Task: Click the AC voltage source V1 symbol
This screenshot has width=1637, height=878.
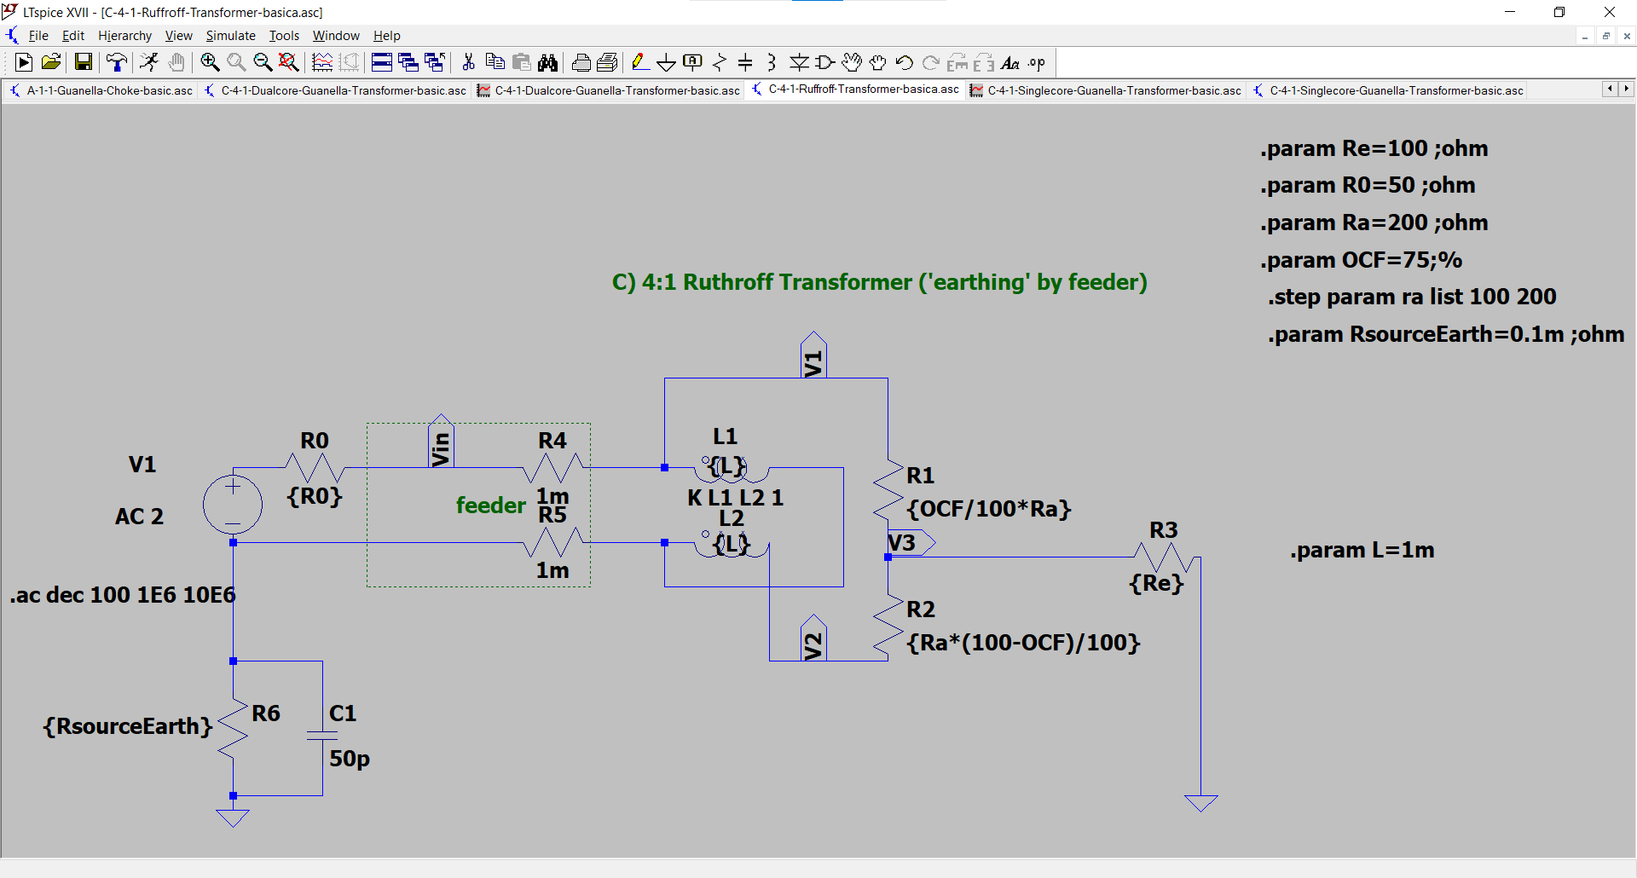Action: pyautogui.click(x=233, y=504)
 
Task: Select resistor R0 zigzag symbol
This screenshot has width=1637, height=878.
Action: pyautogui.click(x=315, y=468)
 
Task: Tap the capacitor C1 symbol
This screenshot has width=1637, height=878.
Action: pyautogui.click(x=322, y=734)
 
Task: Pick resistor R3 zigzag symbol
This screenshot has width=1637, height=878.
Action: pyautogui.click(x=1163, y=558)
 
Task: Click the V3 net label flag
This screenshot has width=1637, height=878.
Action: pyautogui.click(x=909, y=542)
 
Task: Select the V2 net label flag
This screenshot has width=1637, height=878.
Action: pyautogui.click(x=813, y=639)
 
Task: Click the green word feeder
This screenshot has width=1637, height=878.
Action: pyautogui.click(x=490, y=505)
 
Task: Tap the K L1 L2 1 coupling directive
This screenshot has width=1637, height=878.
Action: pyautogui.click(x=735, y=498)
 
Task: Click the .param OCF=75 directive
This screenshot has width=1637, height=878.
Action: pyautogui.click(x=1361, y=260)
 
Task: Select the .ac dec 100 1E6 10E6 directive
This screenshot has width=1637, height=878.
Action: pyautogui.click(x=123, y=595)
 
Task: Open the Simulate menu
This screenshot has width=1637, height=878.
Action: pyautogui.click(x=230, y=36)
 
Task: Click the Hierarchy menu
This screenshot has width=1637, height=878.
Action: pyautogui.click(x=124, y=36)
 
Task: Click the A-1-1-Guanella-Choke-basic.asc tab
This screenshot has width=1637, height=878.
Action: pyautogui.click(x=109, y=90)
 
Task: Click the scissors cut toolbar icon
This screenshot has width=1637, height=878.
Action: pyautogui.click(x=468, y=62)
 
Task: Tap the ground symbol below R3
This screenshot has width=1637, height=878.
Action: pyautogui.click(x=1200, y=802)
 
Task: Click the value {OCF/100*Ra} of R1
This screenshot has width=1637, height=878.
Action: pyautogui.click(x=988, y=509)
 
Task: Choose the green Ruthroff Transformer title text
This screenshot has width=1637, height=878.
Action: pyautogui.click(x=879, y=282)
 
